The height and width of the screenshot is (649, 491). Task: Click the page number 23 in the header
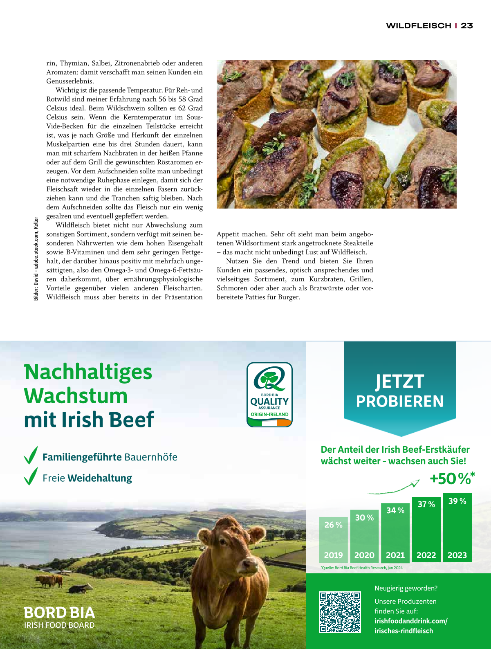tap(467, 26)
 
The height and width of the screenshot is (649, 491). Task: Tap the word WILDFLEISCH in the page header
tap(418, 26)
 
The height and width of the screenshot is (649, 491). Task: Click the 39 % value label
tap(457, 501)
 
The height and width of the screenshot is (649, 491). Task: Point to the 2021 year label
tap(395, 555)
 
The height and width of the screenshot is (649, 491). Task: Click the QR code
tap(340, 612)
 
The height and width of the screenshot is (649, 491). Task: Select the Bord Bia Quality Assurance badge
tap(269, 395)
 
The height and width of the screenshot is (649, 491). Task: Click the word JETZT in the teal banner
tap(399, 382)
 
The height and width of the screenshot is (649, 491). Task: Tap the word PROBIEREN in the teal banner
tap(399, 402)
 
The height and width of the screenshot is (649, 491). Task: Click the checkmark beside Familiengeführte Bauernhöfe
tap(31, 455)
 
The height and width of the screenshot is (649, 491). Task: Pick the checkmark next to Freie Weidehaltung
tap(31, 476)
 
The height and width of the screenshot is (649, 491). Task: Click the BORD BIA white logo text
tap(59, 613)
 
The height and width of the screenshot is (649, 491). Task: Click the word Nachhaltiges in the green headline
tap(88, 372)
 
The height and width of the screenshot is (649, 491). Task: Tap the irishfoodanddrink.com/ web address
tap(411, 621)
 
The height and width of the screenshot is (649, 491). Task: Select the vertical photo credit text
tap(36, 259)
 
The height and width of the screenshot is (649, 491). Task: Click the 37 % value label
tap(426, 505)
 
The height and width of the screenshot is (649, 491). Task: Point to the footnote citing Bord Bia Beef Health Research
tap(362, 568)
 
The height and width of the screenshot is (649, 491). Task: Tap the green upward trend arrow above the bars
tap(395, 488)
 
